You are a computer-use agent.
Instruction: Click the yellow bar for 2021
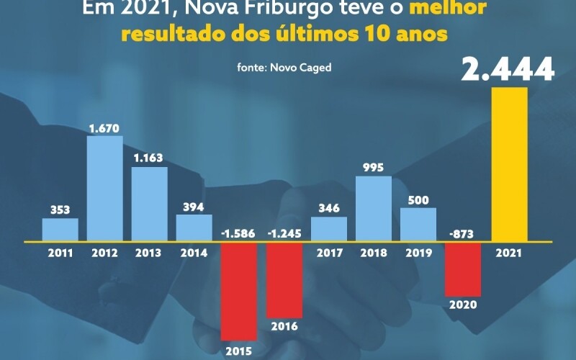509,164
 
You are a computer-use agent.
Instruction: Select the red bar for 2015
239,290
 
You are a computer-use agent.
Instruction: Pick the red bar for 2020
464,269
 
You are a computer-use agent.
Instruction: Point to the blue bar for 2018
374,208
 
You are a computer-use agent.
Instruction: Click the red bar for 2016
284,279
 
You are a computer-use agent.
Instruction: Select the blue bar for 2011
60,229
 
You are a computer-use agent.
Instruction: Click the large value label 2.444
508,69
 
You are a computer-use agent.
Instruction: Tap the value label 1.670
104,128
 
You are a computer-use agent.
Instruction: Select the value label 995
374,168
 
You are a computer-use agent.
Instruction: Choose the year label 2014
194,253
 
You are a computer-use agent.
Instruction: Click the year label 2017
328,253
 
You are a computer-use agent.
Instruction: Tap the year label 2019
418,253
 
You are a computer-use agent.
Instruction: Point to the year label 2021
509,253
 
